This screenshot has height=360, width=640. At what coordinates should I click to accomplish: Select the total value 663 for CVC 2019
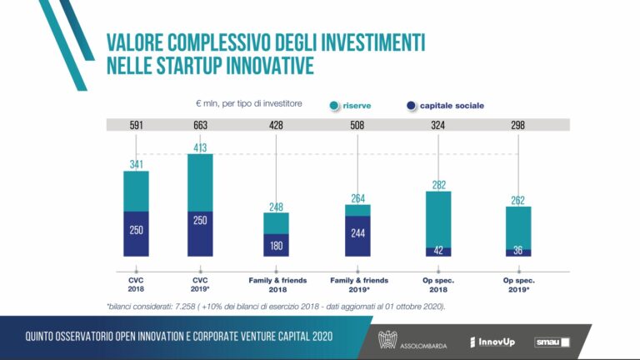(x=200, y=125)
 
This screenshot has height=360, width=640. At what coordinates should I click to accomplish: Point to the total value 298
(x=518, y=125)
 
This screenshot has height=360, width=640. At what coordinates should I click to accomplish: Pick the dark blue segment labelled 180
(x=277, y=245)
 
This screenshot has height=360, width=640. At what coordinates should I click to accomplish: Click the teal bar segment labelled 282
(x=438, y=218)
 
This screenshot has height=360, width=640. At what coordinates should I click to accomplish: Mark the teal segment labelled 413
(x=200, y=182)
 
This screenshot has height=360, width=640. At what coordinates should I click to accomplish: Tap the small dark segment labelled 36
(x=518, y=252)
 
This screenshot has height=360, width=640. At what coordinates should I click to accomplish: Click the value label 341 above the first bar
(x=137, y=163)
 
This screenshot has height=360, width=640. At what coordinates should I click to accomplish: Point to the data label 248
(x=277, y=205)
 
